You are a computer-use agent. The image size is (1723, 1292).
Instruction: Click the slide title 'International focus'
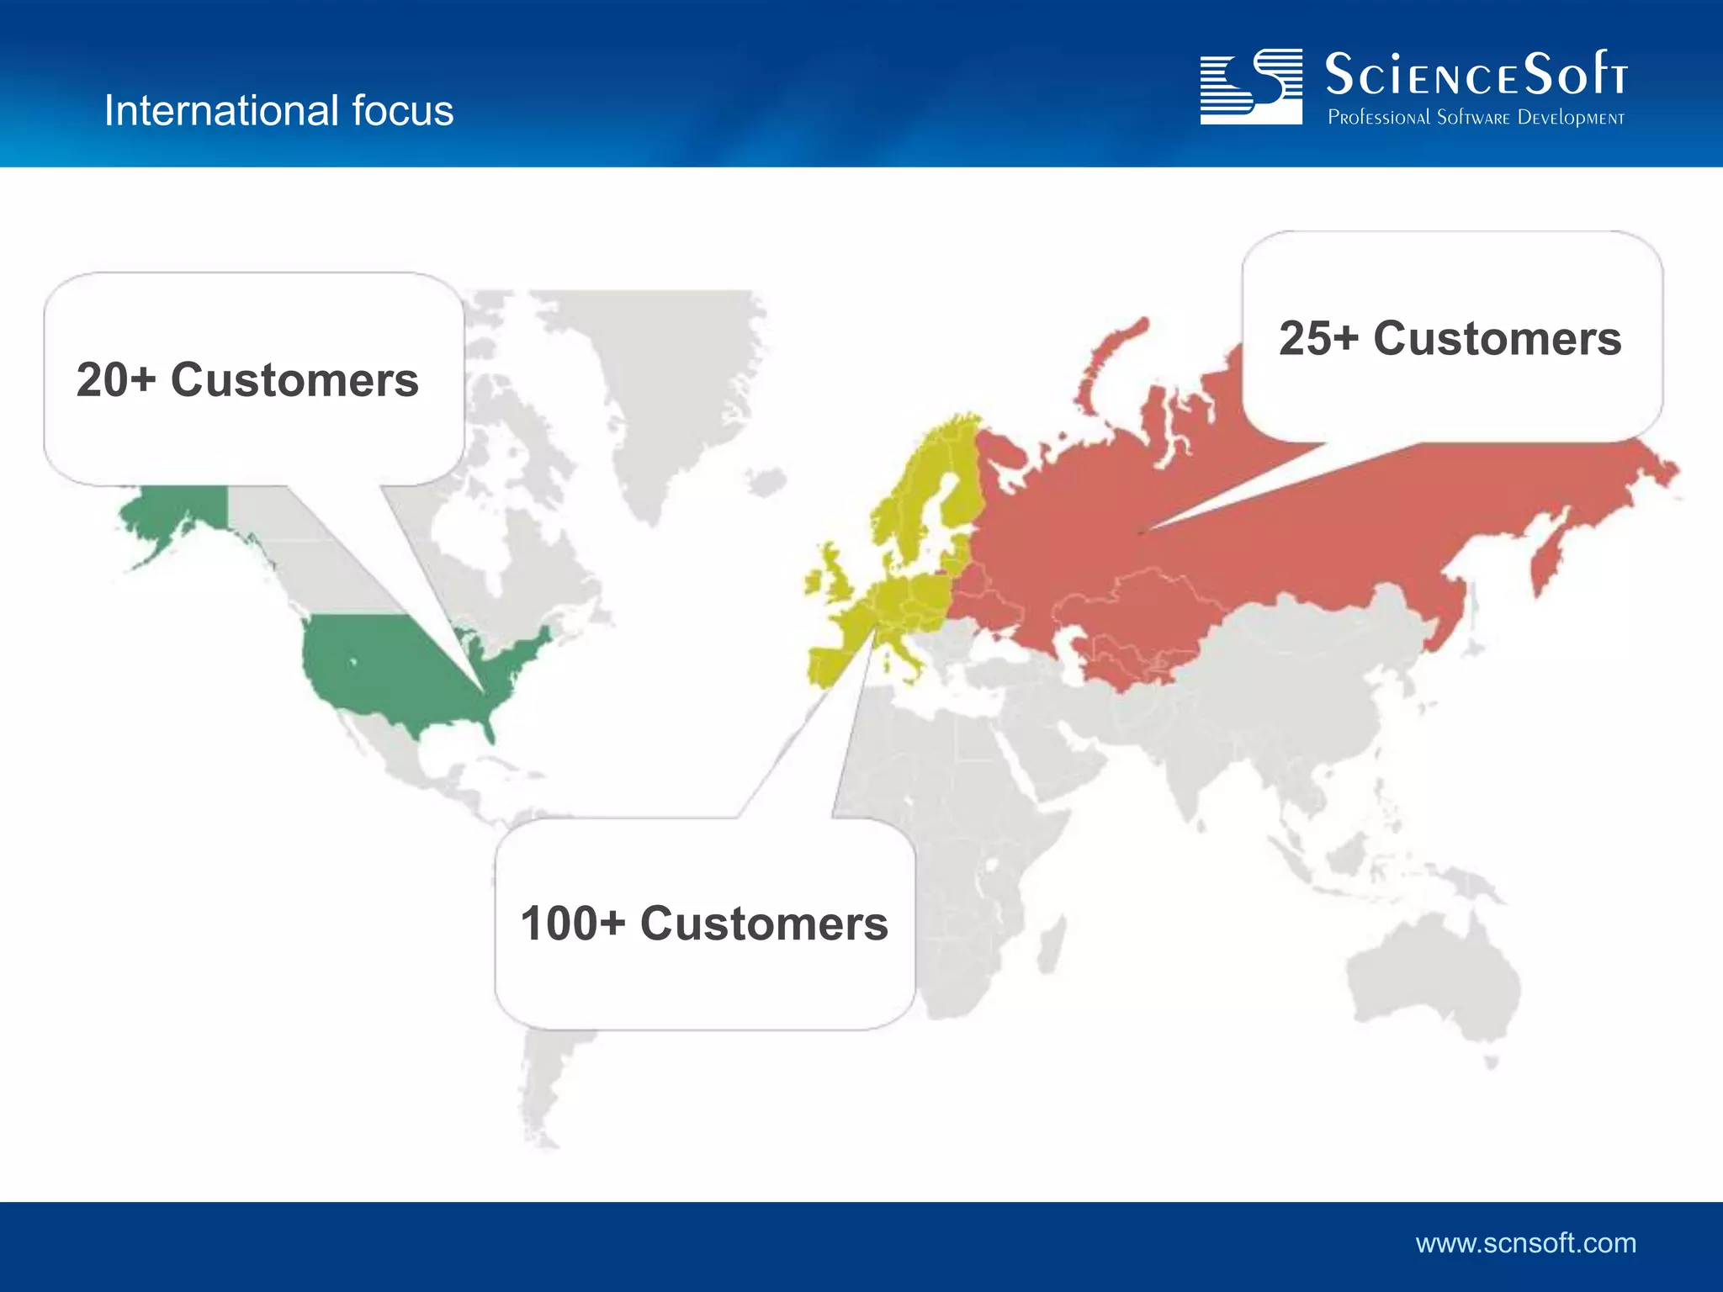[278, 110]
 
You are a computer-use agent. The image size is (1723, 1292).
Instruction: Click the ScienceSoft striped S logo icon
[1251, 87]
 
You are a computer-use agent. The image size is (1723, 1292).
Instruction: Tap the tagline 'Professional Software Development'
[1476, 118]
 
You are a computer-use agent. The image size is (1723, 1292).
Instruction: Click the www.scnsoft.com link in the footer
[1525, 1242]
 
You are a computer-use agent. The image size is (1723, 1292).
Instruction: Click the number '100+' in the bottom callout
[572, 924]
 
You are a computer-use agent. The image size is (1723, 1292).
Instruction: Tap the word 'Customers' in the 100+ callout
[764, 924]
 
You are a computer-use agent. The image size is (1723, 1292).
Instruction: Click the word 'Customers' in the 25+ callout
[1497, 339]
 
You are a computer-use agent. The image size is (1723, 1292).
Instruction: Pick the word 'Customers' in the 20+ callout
[294, 380]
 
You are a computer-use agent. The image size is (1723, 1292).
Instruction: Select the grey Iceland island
[765, 483]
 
